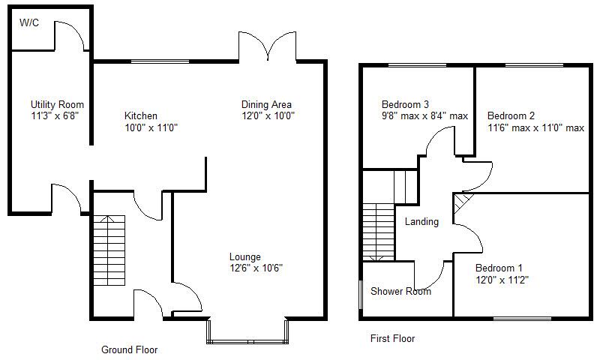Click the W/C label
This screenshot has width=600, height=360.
(29, 23)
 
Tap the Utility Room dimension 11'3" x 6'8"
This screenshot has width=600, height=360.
(54, 116)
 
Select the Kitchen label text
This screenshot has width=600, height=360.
(141, 116)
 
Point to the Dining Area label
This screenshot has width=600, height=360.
(266, 104)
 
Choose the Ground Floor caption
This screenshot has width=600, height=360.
(130, 349)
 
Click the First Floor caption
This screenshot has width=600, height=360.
(392, 339)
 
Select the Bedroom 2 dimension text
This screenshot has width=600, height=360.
(535, 127)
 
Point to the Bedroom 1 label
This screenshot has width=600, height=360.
(499, 268)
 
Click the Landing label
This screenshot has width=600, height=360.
(421, 222)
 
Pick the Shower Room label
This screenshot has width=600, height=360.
(400, 292)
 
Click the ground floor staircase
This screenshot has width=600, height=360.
(108, 251)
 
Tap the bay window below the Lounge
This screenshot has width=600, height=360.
(247, 331)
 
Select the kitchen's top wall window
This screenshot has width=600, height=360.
(159, 61)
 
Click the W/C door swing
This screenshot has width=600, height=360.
(71, 36)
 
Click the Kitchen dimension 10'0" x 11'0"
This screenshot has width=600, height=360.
(151, 127)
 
